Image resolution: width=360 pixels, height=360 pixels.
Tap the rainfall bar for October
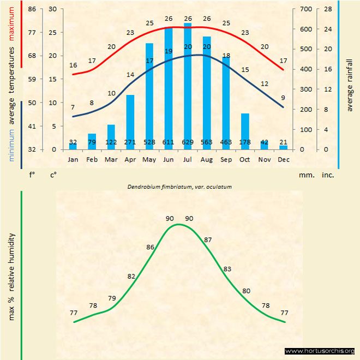(x=245, y=131)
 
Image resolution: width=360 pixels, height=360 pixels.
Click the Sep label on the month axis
(x=226, y=159)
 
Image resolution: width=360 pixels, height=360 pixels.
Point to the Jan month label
(x=73, y=159)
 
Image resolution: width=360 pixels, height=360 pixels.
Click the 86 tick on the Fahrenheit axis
(x=32, y=9)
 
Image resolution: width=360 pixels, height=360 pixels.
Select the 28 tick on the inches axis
(x=328, y=9)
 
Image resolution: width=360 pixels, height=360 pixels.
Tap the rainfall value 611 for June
(x=169, y=143)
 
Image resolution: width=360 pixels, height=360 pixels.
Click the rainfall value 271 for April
(x=130, y=143)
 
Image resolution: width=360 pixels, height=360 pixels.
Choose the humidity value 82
(x=131, y=276)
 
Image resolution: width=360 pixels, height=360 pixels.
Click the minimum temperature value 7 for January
(x=73, y=107)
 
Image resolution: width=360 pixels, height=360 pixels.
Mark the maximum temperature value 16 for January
(x=73, y=65)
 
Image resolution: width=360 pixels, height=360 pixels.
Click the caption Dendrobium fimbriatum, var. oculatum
(x=179, y=187)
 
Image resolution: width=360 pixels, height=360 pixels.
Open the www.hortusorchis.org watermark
(x=320, y=351)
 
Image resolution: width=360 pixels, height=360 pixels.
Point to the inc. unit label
(x=328, y=175)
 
